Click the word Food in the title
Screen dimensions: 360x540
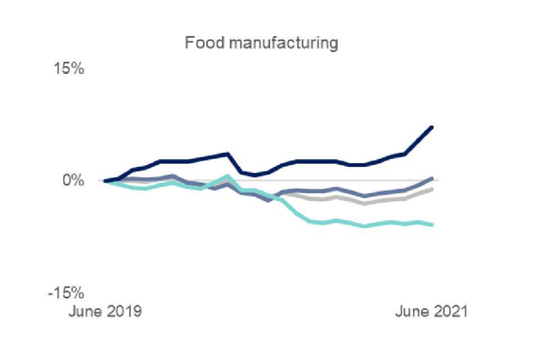click(200, 43)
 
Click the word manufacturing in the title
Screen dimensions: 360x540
click(278, 43)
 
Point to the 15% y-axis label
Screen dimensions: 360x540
click(69, 69)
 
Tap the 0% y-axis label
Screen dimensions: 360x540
click(73, 181)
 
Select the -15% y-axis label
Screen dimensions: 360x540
click(66, 293)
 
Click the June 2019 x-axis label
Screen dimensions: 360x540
click(105, 312)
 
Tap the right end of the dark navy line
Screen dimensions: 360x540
click(432, 127)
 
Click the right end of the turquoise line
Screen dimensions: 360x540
click(432, 224)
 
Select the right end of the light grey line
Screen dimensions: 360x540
click(432, 190)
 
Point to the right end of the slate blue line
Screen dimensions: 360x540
click(432, 178)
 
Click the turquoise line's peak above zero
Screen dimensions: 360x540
click(227, 176)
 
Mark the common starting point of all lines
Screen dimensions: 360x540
click(105, 181)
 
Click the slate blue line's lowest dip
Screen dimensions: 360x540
click(269, 200)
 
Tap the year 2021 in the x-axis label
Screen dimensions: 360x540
click(449, 312)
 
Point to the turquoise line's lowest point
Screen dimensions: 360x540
click(365, 226)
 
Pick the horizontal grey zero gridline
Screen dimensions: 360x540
click(337, 181)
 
